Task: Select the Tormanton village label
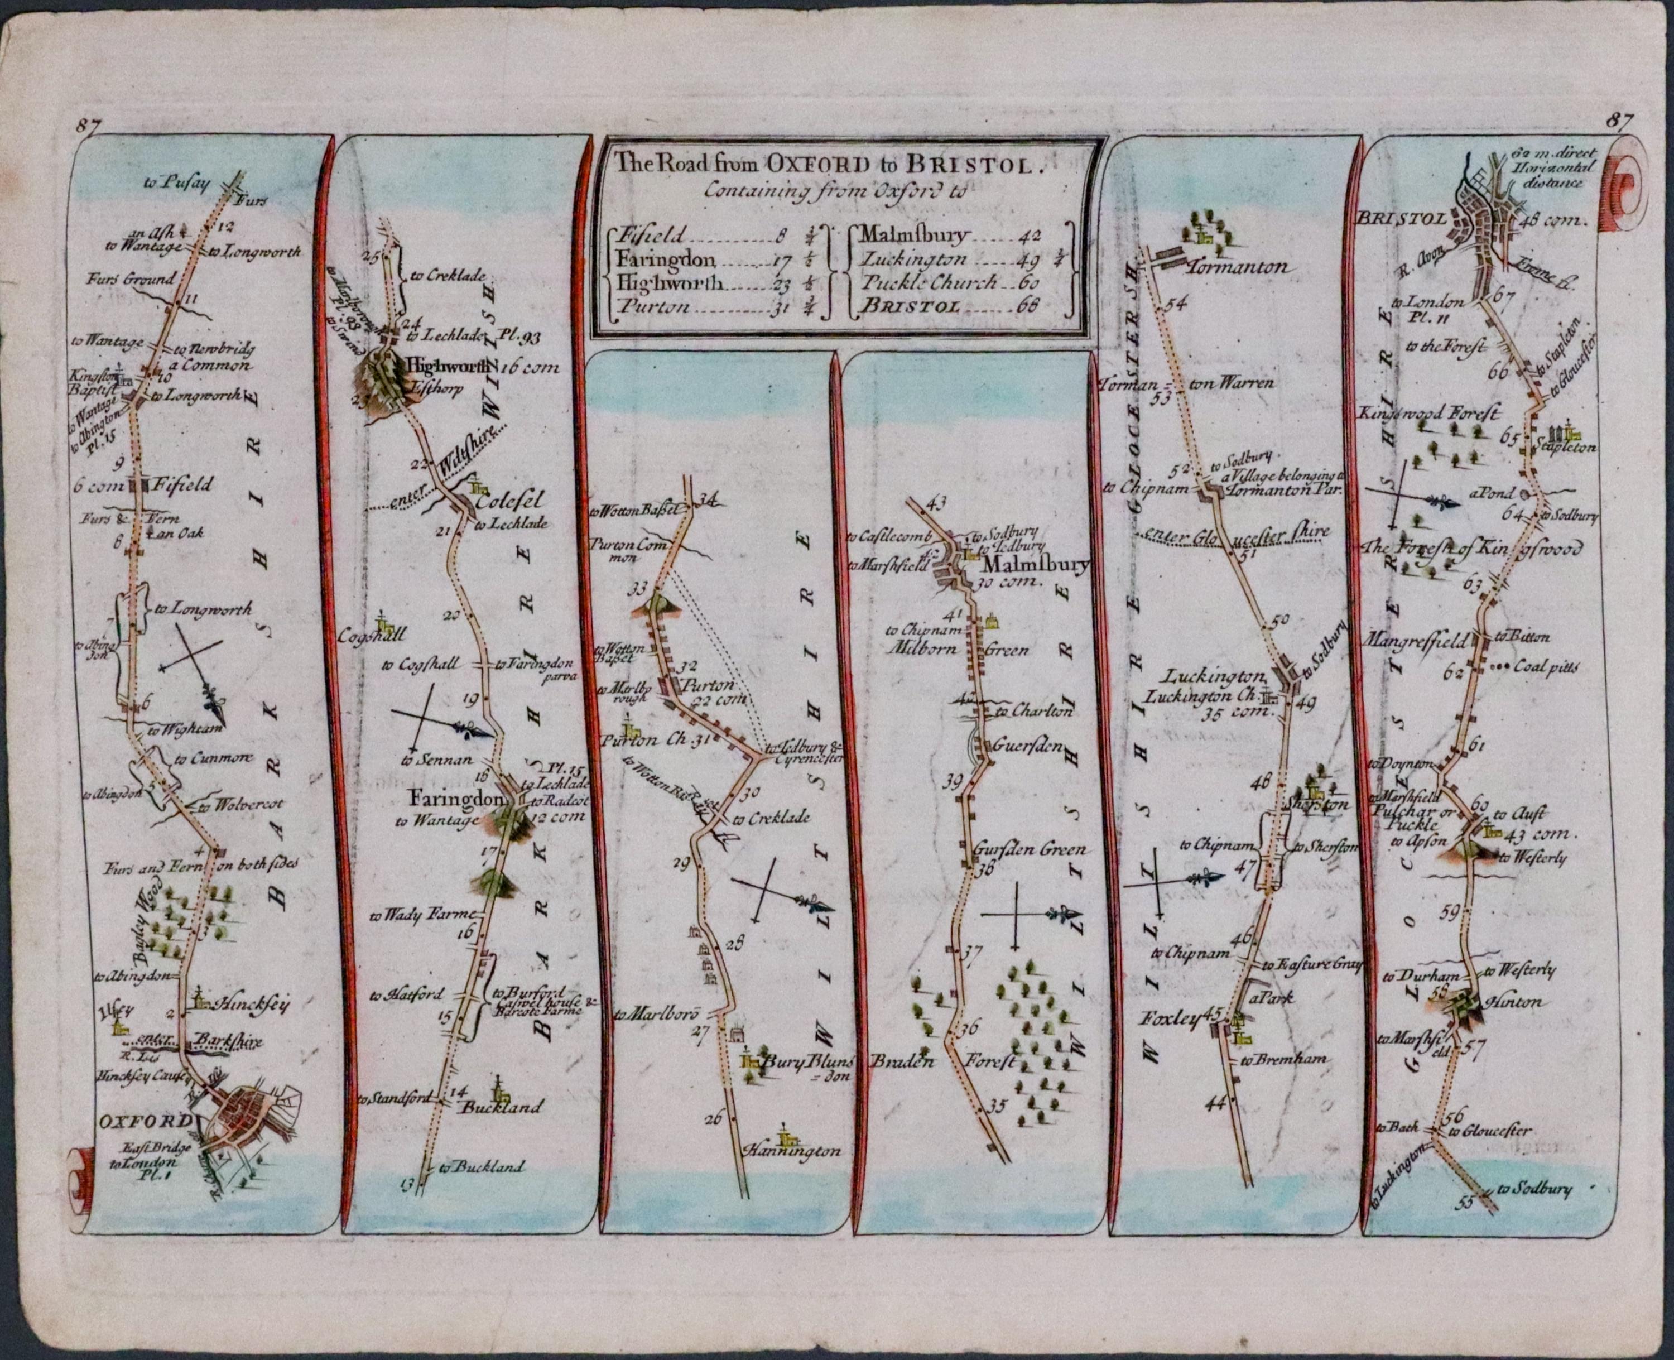tap(1238, 268)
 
